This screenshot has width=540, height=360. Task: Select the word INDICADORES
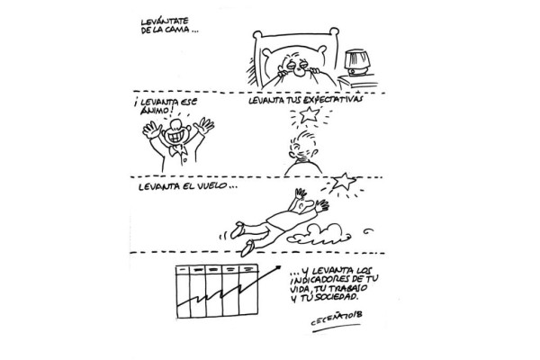click(317, 280)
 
